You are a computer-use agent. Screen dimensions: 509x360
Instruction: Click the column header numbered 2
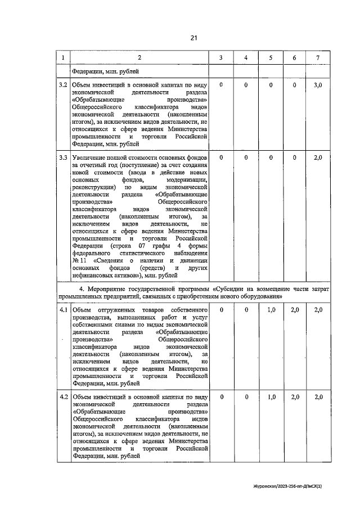click(x=139, y=58)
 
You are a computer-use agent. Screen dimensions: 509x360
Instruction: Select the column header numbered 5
click(x=271, y=58)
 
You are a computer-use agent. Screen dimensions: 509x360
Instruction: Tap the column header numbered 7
click(x=318, y=58)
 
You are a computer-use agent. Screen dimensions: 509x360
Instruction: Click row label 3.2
click(x=63, y=84)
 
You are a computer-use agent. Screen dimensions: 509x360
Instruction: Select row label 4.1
click(x=63, y=310)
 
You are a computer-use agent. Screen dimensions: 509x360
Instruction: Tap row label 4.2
click(x=63, y=397)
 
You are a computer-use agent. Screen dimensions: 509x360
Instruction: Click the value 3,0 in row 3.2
click(x=318, y=84)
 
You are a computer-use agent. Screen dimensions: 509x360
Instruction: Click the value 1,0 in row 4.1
click(x=271, y=310)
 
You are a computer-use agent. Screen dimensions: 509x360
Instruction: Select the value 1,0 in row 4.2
click(x=271, y=397)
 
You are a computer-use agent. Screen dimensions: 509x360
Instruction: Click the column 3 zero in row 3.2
click(x=222, y=84)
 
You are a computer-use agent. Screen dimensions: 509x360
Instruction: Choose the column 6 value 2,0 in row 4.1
click(x=294, y=310)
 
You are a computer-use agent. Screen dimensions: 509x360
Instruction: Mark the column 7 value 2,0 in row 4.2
click(x=318, y=397)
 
